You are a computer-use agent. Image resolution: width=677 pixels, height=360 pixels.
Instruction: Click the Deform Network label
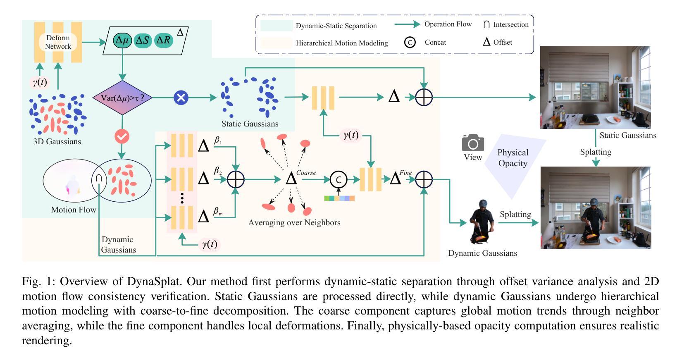(58, 42)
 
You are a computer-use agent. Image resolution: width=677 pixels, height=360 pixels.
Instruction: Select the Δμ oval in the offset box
(122, 40)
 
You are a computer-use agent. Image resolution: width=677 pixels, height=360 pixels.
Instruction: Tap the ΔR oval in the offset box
(164, 40)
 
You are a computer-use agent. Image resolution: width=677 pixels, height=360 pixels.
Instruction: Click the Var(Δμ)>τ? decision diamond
(122, 98)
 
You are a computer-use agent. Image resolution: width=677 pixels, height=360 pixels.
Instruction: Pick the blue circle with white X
(181, 98)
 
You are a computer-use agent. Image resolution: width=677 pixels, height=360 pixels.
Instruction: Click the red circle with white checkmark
(122, 137)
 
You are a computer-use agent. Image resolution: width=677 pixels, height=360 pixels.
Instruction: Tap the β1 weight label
(218, 141)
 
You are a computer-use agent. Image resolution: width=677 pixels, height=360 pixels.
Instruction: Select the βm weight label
(218, 211)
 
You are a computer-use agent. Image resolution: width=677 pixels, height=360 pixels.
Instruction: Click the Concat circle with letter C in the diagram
(338, 179)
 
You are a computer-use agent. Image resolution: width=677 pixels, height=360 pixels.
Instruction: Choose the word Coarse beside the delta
(306, 173)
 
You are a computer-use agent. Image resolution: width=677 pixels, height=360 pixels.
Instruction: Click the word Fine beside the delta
(405, 173)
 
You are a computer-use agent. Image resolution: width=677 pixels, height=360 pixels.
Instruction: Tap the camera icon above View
(473, 143)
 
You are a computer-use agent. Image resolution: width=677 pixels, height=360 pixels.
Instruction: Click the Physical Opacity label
(513, 158)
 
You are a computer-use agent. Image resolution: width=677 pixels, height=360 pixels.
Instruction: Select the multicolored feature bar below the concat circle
(339, 198)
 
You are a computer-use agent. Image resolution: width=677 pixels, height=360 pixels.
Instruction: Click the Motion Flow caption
(74, 210)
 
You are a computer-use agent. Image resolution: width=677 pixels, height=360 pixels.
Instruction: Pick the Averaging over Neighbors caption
(294, 223)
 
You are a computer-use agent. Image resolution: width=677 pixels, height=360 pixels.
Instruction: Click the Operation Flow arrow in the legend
(408, 24)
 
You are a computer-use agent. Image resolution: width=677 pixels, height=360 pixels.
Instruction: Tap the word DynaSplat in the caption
(153, 281)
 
